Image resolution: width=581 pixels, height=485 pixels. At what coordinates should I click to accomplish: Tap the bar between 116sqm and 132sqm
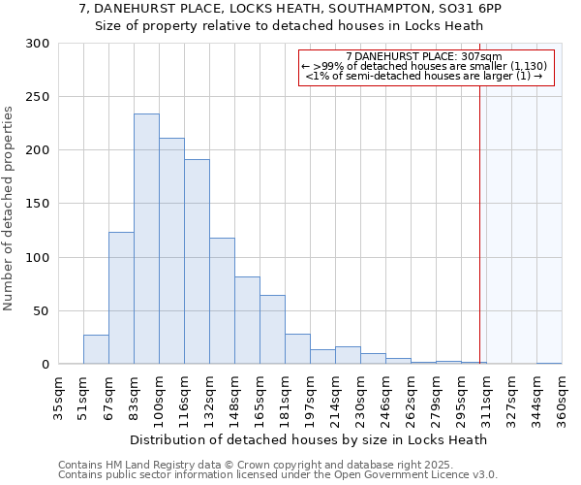click(197, 261)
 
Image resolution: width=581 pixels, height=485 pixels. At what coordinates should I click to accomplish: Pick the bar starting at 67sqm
click(121, 298)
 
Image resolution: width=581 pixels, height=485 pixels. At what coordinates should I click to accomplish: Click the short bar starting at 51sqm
click(96, 349)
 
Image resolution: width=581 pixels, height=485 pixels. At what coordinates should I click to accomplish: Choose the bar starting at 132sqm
click(222, 301)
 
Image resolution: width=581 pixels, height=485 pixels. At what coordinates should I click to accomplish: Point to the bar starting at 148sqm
click(247, 320)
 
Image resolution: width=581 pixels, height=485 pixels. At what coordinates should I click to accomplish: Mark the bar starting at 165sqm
click(272, 329)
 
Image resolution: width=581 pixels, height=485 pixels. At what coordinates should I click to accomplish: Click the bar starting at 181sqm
click(297, 349)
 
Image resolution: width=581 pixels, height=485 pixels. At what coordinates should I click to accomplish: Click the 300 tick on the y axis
click(38, 44)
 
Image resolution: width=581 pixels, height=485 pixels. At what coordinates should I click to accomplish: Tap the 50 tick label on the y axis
click(42, 311)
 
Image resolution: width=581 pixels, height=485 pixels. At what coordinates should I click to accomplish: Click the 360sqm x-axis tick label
click(562, 398)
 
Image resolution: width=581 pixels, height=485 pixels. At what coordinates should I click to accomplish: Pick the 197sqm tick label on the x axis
click(310, 398)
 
